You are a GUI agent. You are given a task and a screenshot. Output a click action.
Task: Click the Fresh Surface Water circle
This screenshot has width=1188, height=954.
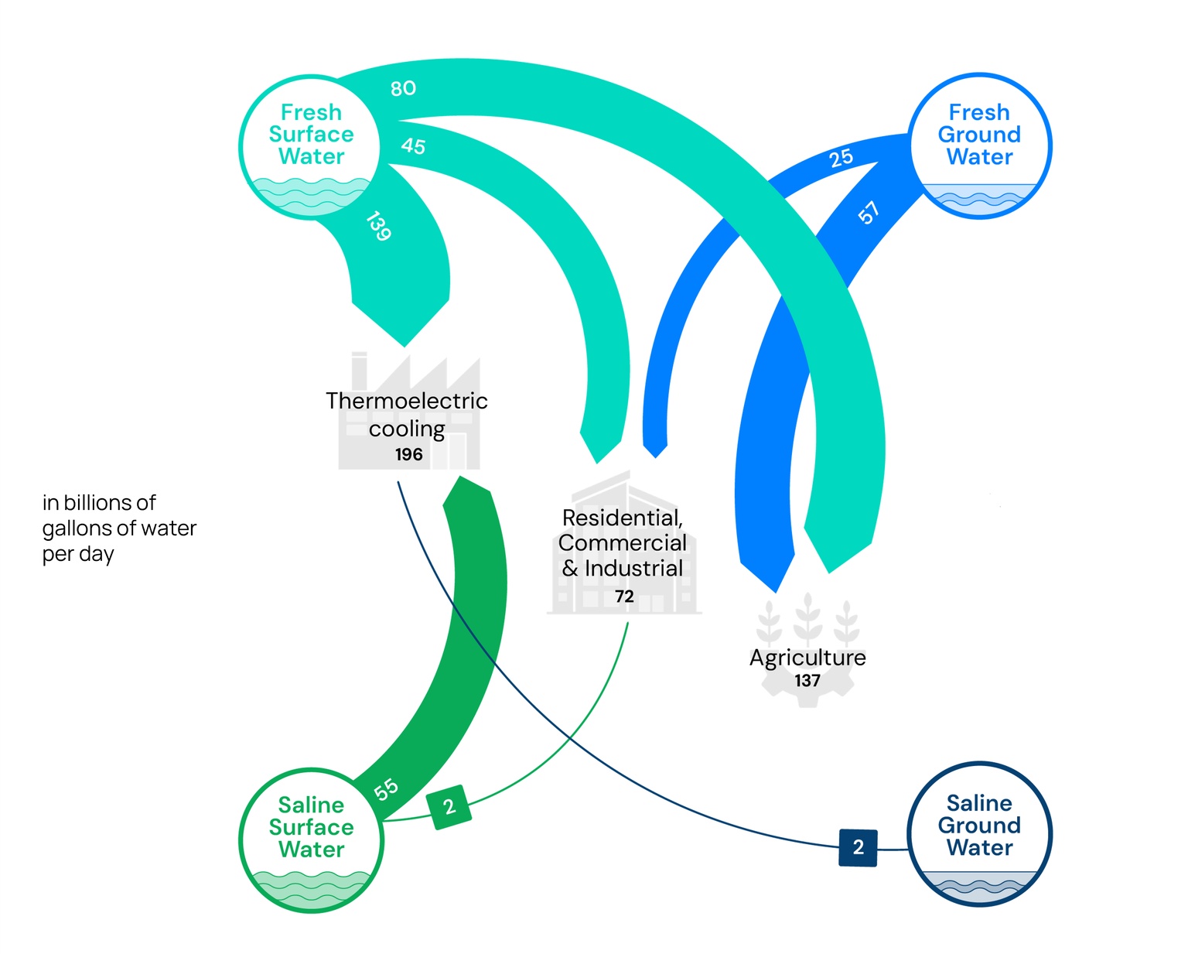(311, 147)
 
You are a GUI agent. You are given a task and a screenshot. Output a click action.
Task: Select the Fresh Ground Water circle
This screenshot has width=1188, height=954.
(979, 146)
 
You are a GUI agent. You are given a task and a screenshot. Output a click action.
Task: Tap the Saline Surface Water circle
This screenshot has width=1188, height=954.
(311, 840)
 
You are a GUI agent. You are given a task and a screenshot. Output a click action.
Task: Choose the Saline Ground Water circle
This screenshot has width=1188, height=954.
(979, 834)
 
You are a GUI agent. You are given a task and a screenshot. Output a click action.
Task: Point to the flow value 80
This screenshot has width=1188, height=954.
(403, 88)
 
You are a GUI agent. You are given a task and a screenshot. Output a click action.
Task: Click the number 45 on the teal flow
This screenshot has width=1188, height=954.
(413, 145)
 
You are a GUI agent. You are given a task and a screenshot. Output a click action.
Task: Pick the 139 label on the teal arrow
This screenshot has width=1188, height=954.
(378, 226)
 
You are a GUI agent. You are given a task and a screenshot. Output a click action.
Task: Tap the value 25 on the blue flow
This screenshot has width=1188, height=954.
(841, 158)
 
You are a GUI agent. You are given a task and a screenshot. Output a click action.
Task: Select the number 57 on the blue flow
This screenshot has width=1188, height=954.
(869, 212)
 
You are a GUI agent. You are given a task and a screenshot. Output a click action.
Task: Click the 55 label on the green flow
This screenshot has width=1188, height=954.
(386, 789)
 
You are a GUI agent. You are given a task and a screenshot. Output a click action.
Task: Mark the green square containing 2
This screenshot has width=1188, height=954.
(449, 807)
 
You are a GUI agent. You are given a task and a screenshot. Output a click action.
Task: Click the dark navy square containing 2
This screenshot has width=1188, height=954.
(858, 847)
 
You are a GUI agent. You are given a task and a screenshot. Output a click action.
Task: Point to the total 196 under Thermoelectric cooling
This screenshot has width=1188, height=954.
(408, 454)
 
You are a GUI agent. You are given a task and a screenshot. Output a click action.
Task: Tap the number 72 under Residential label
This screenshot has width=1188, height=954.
(624, 597)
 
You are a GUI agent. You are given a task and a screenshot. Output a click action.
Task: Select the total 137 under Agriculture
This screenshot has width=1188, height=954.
(807, 681)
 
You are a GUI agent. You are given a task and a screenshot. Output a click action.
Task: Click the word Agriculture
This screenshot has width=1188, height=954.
(807, 658)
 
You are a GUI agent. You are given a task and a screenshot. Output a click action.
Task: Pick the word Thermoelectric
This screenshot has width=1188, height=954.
(407, 401)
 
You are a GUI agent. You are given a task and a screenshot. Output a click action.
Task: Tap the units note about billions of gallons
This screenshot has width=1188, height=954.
(118, 528)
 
